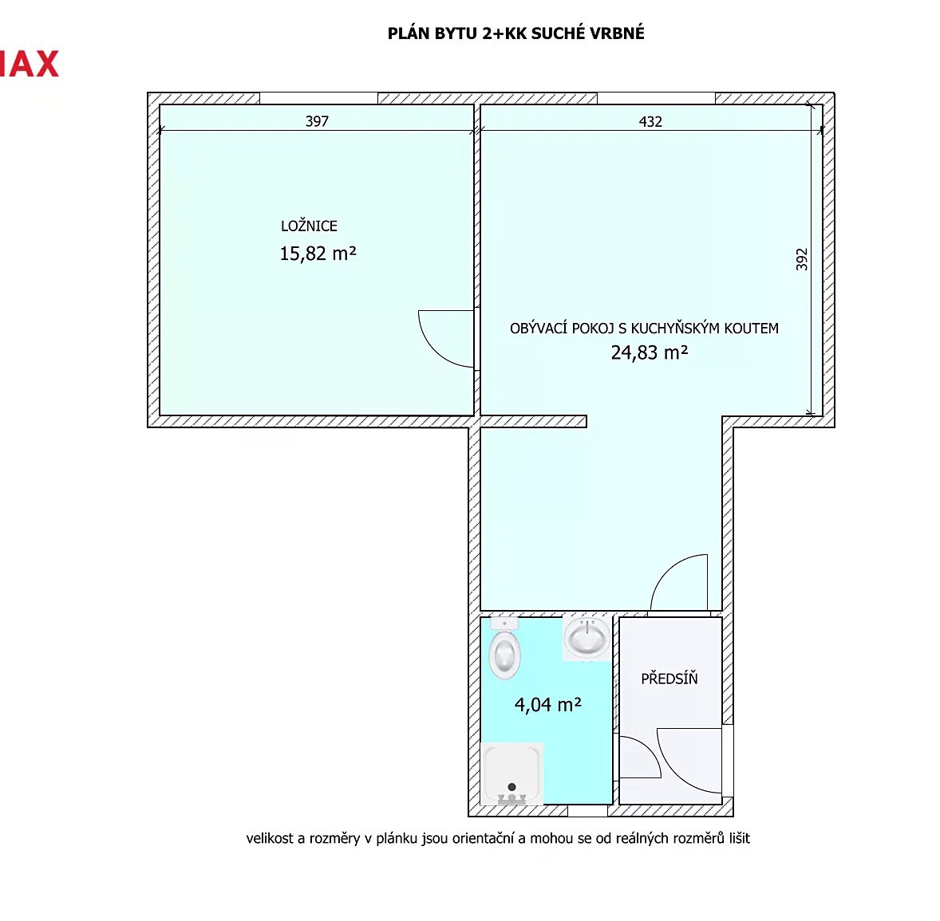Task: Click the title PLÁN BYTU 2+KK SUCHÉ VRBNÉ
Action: click(515, 33)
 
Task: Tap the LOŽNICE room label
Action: click(310, 226)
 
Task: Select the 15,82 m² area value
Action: click(318, 254)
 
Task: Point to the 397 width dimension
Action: click(317, 121)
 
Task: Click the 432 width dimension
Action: click(650, 122)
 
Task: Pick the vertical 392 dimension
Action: click(801, 259)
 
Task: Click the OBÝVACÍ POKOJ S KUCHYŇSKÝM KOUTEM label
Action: click(645, 329)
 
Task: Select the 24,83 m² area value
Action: click(650, 352)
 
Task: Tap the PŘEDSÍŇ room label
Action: click(669, 679)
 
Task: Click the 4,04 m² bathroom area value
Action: click(548, 704)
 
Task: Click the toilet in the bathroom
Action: click(504, 647)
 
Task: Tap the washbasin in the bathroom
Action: click(587, 637)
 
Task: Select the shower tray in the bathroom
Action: click(512, 773)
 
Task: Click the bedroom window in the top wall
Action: click(318, 98)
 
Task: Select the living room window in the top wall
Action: click(656, 98)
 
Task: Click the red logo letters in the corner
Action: click(30, 64)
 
